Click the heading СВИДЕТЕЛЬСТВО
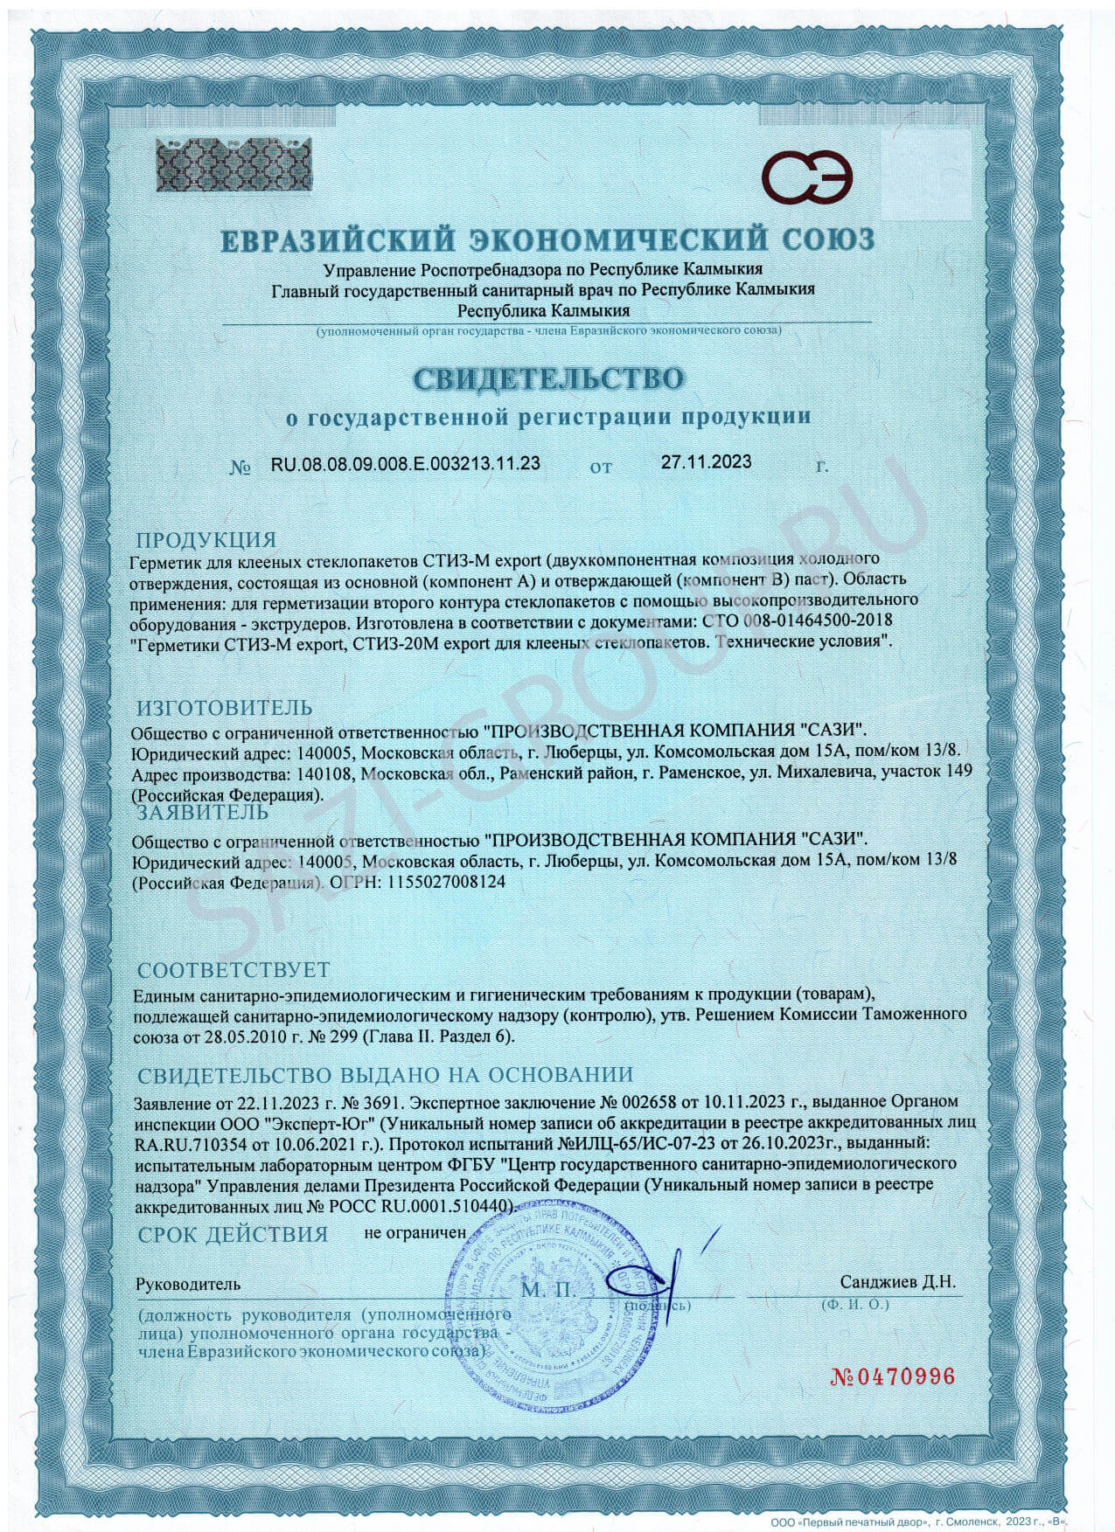(548, 378)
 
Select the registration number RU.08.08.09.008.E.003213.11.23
(405, 464)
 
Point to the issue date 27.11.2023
(705, 462)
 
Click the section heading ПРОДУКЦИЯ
(206, 540)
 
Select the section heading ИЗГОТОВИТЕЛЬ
(225, 708)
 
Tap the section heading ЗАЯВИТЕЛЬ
(203, 813)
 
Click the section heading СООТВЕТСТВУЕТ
(233, 970)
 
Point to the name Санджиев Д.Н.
(897, 1282)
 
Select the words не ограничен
(415, 1233)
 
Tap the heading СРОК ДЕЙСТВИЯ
(233, 1235)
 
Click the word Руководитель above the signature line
(187, 1284)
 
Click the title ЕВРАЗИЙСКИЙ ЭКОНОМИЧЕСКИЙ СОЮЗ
(547, 239)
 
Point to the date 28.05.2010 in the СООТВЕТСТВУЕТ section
(240, 1036)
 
